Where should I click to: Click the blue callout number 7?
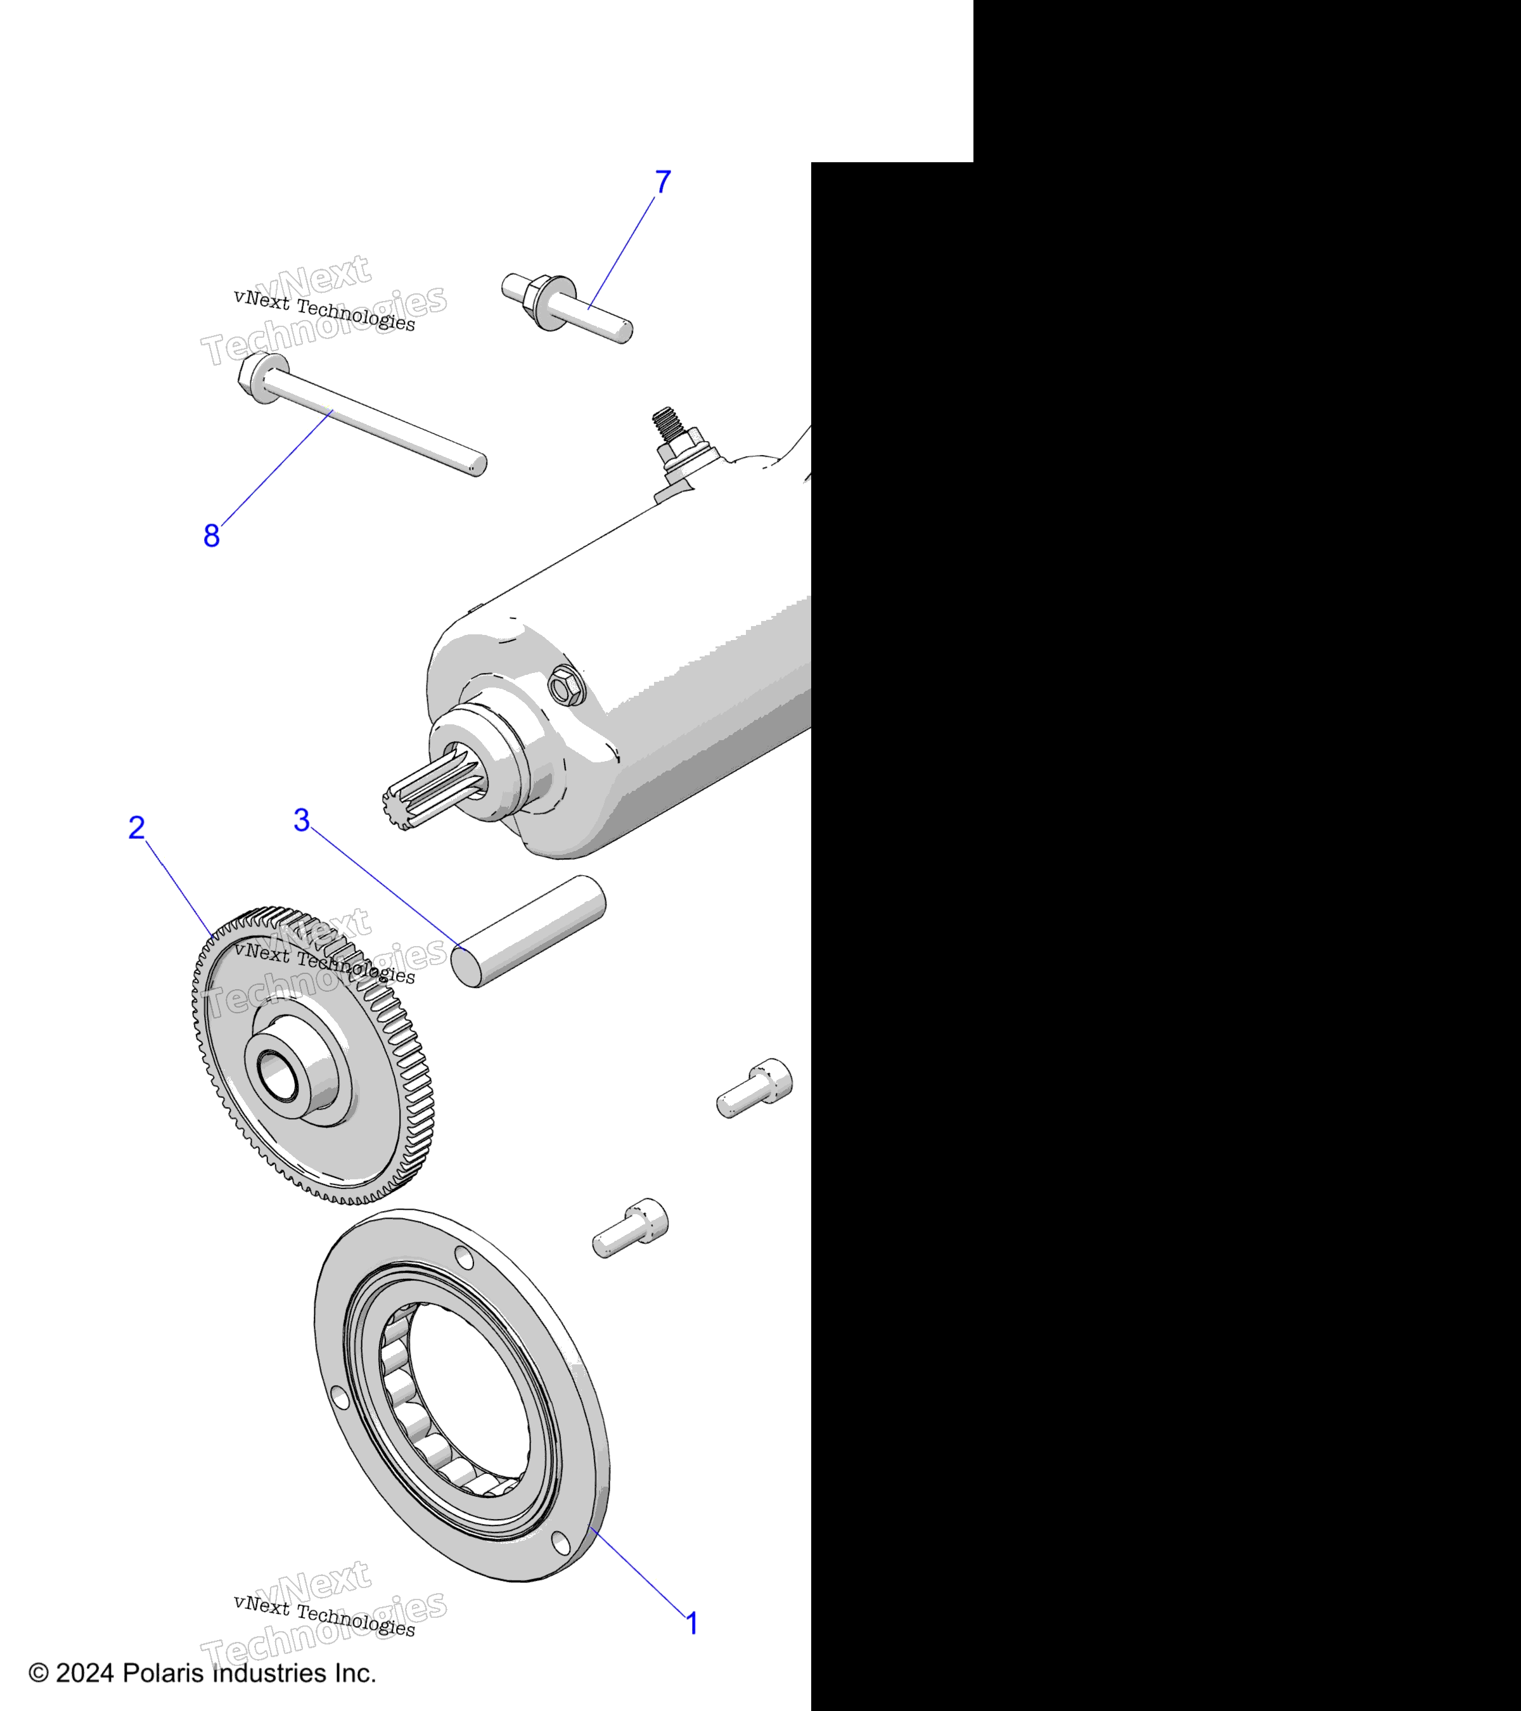pos(662,182)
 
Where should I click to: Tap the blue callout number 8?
pos(212,535)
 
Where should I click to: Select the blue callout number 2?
pos(136,828)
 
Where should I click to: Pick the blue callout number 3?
pos(302,821)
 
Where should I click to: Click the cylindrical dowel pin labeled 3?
pos(528,931)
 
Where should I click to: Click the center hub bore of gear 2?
pos(277,1077)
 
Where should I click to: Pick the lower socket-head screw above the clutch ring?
pos(631,1228)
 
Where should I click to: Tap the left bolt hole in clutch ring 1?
pos(339,1396)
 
